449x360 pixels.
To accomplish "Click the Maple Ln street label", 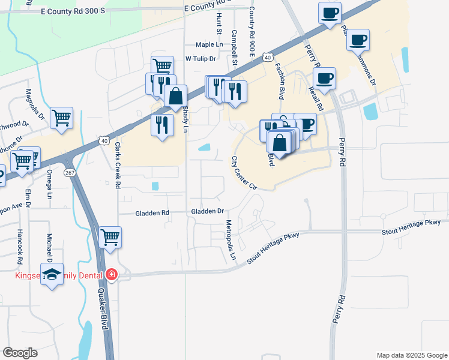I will [x=209, y=45].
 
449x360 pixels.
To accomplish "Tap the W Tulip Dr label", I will [x=200, y=59].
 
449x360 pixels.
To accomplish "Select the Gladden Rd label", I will [x=152, y=212].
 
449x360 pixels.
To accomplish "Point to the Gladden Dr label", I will [x=207, y=212].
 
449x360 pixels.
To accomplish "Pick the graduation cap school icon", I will [x=52, y=274].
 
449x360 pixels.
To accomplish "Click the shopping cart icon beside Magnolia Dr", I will [x=61, y=117].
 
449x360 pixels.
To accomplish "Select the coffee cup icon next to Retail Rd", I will [x=324, y=77].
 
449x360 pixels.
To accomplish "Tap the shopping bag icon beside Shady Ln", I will [x=175, y=95].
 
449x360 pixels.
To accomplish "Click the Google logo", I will [x=20, y=353].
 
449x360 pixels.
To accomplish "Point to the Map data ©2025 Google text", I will [x=411, y=355].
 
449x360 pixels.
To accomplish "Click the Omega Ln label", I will [x=49, y=185].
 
